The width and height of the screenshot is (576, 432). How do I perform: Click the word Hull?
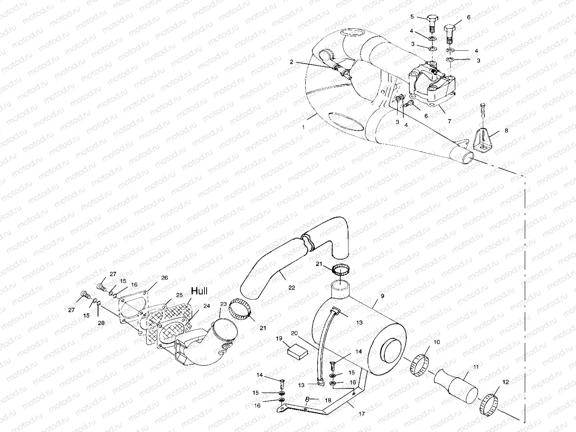pyautogui.click(x=199, y=291)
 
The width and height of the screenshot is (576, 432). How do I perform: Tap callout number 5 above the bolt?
pyautogui.click(x=412, y=16)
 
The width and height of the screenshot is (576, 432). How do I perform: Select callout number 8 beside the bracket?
pyautogui.click(x=507, y=131)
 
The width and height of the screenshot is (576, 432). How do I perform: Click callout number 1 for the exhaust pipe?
pyautogui.click(x=303, y=127)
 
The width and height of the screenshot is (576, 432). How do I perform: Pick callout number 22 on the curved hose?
pyautogui.click(x=292, y=288)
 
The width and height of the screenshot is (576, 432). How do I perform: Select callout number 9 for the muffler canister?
pyautogui.click(x=382, y=296)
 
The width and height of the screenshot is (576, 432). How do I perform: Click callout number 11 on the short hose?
pyautogui.click(x=476, y=367)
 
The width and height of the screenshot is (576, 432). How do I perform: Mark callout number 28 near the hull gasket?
pyautogui.click(x=101, y=323)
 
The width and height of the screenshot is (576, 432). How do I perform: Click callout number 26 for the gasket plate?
pyautogui.click(x=164, y=278)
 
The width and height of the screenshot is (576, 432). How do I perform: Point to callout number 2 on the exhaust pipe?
pyautogui.click(x=292, y=62)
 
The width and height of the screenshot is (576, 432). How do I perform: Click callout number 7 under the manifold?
pyautogui.click(x=449, y=122)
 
